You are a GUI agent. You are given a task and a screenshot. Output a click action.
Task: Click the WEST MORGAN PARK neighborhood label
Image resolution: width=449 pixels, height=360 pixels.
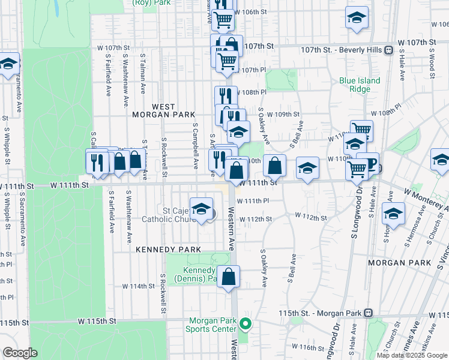tap(173, 110)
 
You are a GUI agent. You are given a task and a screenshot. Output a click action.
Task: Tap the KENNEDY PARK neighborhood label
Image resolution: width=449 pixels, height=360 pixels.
tap(163, 248)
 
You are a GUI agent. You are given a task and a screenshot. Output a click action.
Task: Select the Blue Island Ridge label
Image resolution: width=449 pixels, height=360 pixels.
tap(360, 85)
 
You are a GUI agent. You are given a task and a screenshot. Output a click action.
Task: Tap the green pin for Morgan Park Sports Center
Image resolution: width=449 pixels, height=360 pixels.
tap(245, 325)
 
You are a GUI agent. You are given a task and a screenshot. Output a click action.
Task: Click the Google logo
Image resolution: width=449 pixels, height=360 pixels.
tap(20, 353)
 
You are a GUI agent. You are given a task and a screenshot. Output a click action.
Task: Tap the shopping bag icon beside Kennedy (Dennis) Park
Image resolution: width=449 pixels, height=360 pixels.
tap(229, 277)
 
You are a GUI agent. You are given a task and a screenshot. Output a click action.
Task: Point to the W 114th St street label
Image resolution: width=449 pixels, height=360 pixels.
tap(139, 286)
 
